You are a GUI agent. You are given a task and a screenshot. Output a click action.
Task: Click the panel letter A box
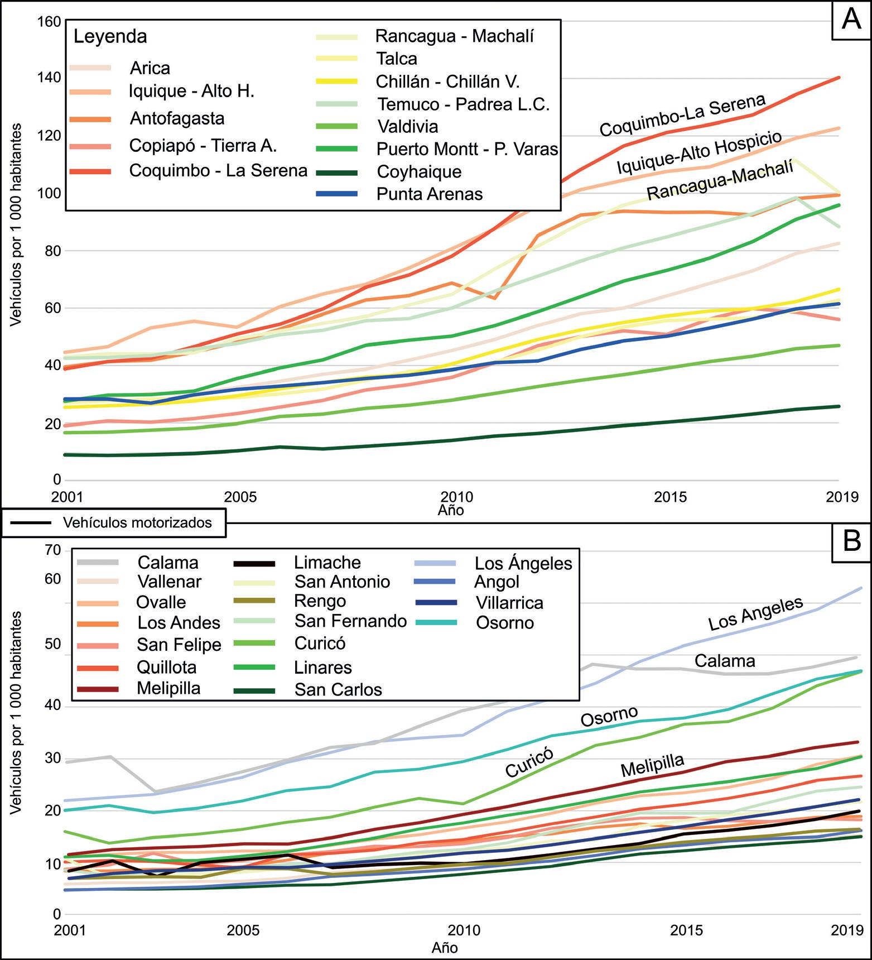click(x=851, y=20)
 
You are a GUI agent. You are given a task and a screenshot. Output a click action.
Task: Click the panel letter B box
click(x=851, y=541)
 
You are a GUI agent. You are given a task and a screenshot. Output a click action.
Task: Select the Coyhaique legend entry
click(x=419, y=171)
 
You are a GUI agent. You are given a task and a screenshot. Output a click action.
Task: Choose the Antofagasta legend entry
click(x=177, y=118)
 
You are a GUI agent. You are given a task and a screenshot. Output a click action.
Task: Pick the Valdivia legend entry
click(x=408, y=127)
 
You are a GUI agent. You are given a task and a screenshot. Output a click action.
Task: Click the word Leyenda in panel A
click(x=110, y=36)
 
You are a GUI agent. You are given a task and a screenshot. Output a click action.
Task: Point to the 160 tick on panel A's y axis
click(x=49, y=22)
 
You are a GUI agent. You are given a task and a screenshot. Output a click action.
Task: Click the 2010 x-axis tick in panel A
click(x=457, y=497)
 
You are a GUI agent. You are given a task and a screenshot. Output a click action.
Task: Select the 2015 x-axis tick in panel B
click(x=686, y=930)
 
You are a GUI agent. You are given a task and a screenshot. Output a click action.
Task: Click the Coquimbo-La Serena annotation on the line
click(x=682, y=115)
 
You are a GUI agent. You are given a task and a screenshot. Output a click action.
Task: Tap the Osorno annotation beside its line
click(x=609, y=717)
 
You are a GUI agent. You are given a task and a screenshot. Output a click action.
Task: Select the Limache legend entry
click(x=327, y=563)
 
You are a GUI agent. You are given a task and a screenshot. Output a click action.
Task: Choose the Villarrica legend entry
click(x=509, y=603)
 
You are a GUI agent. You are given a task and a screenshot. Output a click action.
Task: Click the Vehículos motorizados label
click(x=137, y=522)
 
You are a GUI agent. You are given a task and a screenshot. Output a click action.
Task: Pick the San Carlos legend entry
click(x=338, y=690)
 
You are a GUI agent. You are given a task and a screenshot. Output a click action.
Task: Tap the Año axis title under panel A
click(x=451, y=510)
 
